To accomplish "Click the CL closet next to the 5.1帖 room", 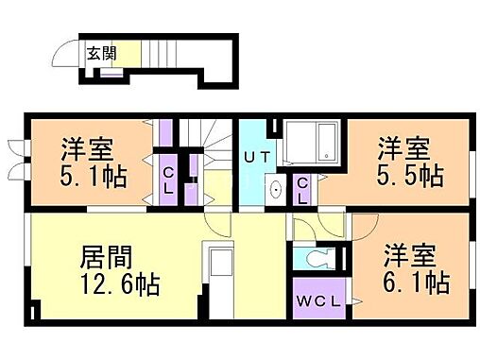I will pyautogui.click(x=167, y=180).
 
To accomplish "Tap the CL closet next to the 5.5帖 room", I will pyautogui.click(x=302, y=190).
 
